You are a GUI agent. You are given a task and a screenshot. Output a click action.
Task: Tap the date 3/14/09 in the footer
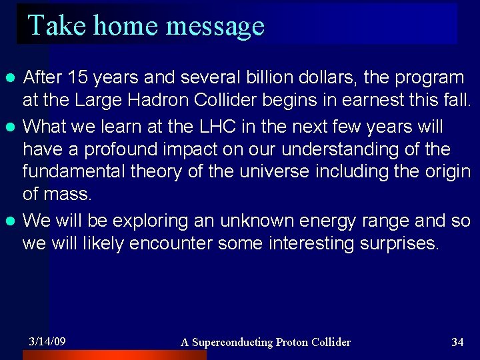pyautogui.click(x=47, y=341)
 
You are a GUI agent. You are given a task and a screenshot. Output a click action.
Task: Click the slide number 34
pyautogui.click(x=457, y=342)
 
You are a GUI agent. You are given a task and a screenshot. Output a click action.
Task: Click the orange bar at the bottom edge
pyautogui.click(x=113, y=355)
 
